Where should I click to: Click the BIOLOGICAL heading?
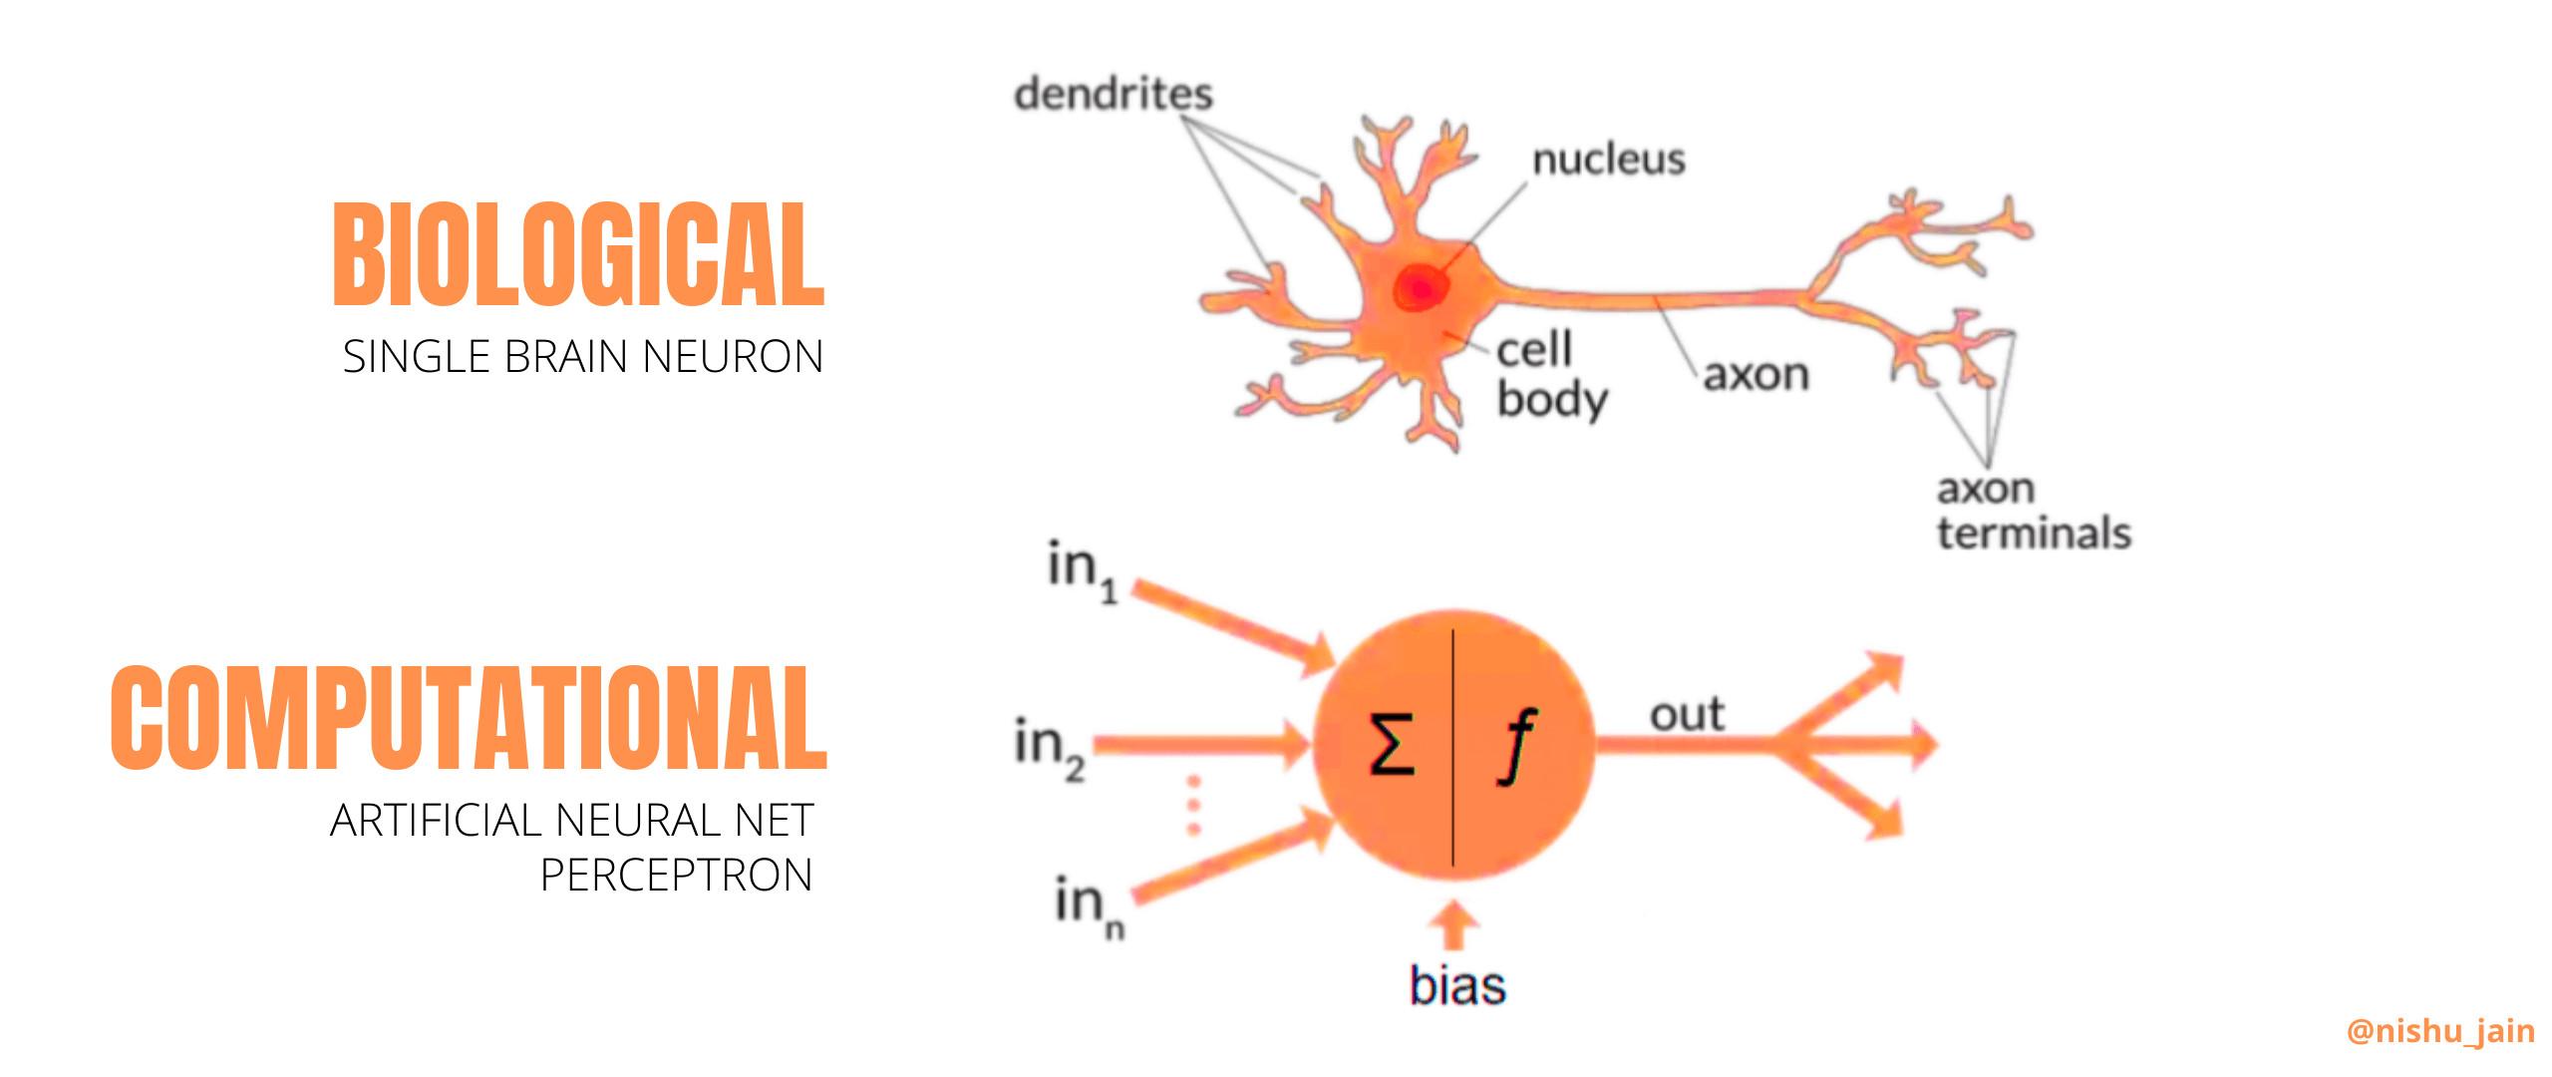coord(578,254)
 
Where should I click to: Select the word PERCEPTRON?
coord(676,875)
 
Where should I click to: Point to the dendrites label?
coord(1113,95)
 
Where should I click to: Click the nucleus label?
coord(1608,160)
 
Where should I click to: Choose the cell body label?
coord(1551,375)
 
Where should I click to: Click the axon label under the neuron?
coord(1754,376)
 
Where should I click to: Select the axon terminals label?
coord(2034,512)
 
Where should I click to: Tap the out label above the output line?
coord(1687,715)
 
